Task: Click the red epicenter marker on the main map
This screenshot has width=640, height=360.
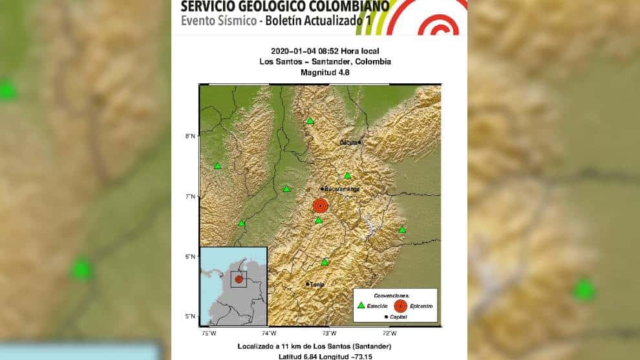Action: [320, 206]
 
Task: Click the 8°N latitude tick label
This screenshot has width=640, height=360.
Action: [191, 136]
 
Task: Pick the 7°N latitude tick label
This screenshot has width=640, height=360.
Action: [191, 196]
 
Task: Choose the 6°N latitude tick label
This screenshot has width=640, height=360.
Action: [191, 257]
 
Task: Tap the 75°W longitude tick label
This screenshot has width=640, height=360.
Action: [208, 334]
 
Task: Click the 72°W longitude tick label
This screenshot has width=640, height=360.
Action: [389, 334]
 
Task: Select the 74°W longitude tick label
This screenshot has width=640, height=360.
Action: [268, 334]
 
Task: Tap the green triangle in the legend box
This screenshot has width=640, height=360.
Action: [361, 304]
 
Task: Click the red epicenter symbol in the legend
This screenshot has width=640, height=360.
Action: [400, 304]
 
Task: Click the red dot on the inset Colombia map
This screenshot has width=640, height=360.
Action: [239, 279]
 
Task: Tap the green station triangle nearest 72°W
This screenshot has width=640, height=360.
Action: [402, 230]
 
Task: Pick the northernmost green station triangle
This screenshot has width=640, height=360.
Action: [310, 121]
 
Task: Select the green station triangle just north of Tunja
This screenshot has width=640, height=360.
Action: [325, 262]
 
